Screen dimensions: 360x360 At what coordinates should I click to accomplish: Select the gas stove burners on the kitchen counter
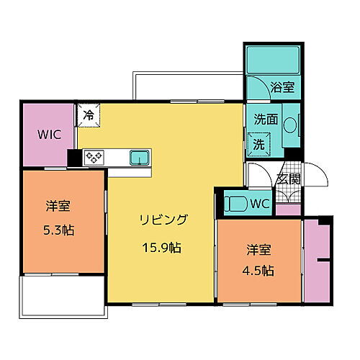point(95,157)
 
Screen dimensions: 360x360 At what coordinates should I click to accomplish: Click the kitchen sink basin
point(139,157)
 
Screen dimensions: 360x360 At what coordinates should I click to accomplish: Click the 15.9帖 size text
point(161,247)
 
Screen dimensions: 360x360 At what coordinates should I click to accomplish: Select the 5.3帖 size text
point(58,230)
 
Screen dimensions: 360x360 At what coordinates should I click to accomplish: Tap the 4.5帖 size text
point(258,270)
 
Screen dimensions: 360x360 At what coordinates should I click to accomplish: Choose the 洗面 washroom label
point(266,120)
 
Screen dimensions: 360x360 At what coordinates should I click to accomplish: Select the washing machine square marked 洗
point(258,144)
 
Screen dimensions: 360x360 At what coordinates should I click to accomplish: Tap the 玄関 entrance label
point(289,179)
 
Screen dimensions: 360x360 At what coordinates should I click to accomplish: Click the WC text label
point(259,204)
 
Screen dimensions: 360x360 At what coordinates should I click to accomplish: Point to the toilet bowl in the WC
point(235,203)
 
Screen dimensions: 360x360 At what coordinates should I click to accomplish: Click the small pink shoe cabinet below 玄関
point(289,210)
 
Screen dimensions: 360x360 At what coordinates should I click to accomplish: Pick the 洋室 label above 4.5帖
point(258,248)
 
